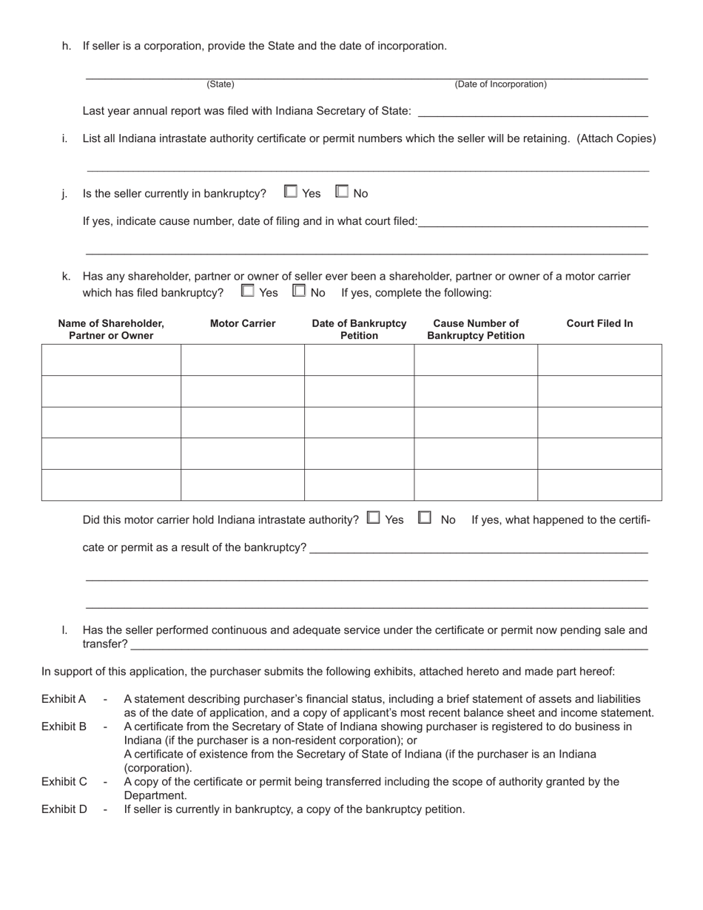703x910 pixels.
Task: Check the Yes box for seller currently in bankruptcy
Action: (291, 192)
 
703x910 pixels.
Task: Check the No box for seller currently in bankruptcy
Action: (342, 192)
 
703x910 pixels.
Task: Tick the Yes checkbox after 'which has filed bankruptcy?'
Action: (248, 291)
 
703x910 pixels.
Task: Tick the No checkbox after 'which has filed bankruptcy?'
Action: (299, 291)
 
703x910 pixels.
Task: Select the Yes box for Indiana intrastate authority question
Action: (374, 518)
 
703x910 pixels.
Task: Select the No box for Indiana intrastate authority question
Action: (425, 518)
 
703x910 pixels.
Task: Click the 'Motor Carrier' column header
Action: (243, 323)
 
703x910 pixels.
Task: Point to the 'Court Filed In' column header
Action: (599, 323)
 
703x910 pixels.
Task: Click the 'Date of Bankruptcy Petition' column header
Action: (359, 329)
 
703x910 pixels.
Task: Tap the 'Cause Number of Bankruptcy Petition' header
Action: (476, 329)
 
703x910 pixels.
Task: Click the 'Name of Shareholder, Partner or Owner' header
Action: (111, 329)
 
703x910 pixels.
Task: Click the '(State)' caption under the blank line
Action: (221, 84)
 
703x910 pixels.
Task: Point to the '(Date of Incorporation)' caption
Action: (500, 84)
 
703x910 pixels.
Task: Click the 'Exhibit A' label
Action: (64, 698)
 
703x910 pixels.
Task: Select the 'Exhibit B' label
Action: (64, 727)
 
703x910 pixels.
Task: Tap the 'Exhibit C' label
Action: (64, 781)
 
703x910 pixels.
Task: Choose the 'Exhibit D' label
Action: (64, 809)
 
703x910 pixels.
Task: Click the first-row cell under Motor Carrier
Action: (243, 360)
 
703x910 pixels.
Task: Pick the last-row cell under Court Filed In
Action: (599, 485)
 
